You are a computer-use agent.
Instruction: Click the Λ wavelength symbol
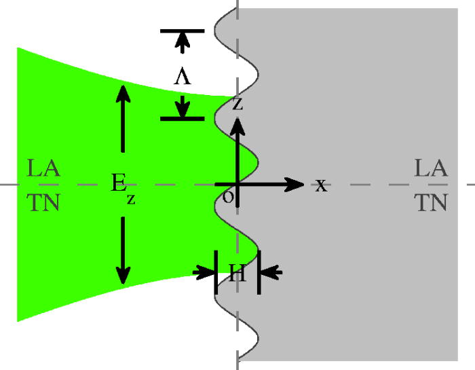click(182, 77)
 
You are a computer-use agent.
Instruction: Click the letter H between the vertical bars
click(237, 273)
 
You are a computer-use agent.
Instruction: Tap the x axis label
click(321, 185)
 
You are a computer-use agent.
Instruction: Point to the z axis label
click(237, 103)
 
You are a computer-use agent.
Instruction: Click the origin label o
click(229, 197)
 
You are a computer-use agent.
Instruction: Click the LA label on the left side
click(43, 168)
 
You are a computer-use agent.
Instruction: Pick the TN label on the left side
click(43, 202)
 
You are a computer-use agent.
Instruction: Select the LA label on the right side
click(431, 168)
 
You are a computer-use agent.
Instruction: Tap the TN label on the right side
click(431, 202)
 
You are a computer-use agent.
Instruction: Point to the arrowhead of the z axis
click(237, 124)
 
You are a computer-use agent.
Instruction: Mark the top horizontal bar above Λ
click(182, 31)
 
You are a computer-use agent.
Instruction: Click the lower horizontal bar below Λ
click(182, 119)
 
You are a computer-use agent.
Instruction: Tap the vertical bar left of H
click(216, 272)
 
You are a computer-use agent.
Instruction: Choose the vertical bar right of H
click(259, 272)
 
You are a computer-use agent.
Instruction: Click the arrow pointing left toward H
click(271, 273)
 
